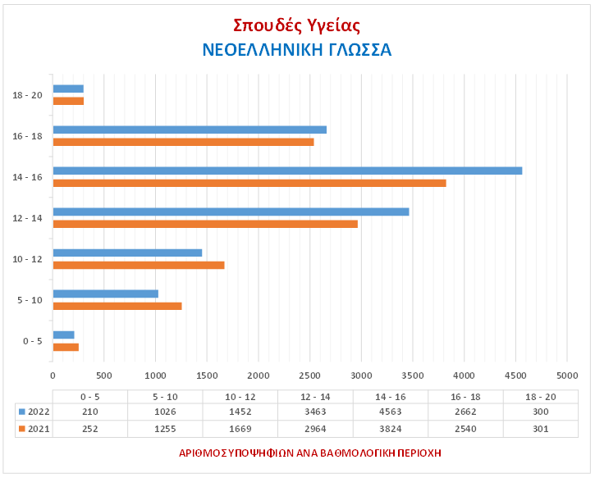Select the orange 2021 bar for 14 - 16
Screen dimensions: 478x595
coord(249,183)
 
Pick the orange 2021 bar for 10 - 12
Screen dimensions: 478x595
coord(138,265)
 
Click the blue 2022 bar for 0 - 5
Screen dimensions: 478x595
coord(63,335)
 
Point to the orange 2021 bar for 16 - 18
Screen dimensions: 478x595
coord(183,142)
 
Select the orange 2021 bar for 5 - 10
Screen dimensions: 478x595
coord(117,306)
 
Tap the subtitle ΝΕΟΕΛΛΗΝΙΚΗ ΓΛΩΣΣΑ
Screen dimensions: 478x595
coord(297,50)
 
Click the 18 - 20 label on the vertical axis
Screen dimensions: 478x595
coord(29,95)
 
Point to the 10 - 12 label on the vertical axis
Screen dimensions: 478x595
coord(29,259)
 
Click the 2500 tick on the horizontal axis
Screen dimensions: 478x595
coord(309,376)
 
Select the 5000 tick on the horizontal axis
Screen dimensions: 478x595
coord(566,376)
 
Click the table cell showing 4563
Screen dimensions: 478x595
coord(389,411)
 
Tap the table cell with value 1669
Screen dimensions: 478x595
coord(239,430)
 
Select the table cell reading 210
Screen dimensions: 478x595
coord(89,411)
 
